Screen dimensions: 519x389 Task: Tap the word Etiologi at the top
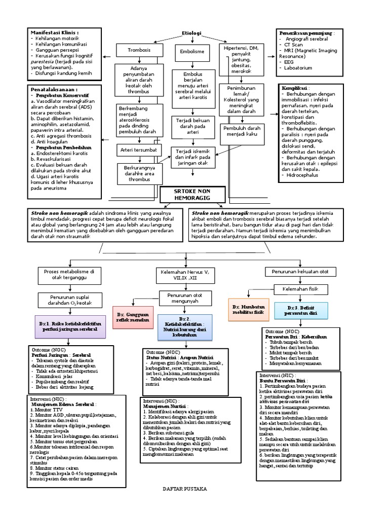click(192, 33)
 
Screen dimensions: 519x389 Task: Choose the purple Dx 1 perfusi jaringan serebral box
click(70, 326)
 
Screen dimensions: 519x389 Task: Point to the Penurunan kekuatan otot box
click(300, 272)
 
